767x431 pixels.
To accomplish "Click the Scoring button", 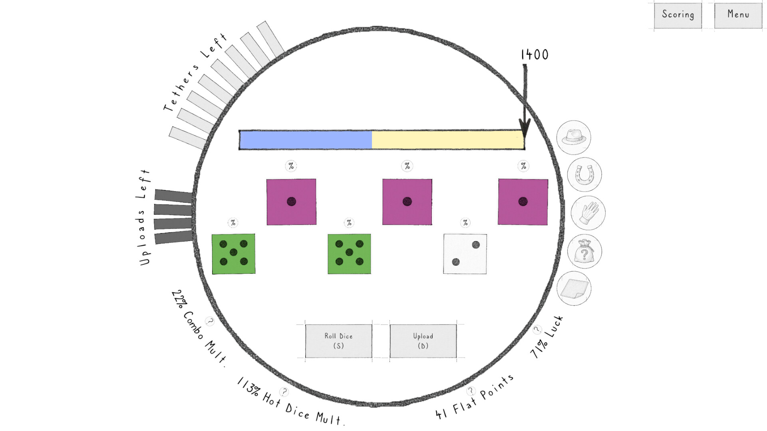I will click(678, 15).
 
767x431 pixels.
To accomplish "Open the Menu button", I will click(738, 15).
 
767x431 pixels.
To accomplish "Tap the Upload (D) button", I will click(423, 341).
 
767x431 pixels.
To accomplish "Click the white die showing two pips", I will click(465, 254).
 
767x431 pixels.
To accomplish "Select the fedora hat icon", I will click(574, 137).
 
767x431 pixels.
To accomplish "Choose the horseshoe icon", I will click(584, 175).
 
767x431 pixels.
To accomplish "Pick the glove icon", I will click(588, 213).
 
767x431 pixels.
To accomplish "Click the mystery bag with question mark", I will click(584, 251).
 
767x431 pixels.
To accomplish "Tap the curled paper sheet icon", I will click(574, 289).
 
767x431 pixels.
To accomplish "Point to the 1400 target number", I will click(535, 55).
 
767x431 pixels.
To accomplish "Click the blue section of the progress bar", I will click(306, 140).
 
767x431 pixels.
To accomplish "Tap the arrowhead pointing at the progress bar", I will click(525, 127).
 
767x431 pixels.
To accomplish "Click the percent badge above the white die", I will click(465, 223).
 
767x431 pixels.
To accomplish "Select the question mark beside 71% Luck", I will click(537, 329).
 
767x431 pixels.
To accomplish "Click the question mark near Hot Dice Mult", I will click(284, 391).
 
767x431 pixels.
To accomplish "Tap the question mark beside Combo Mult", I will click(209, 321).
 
